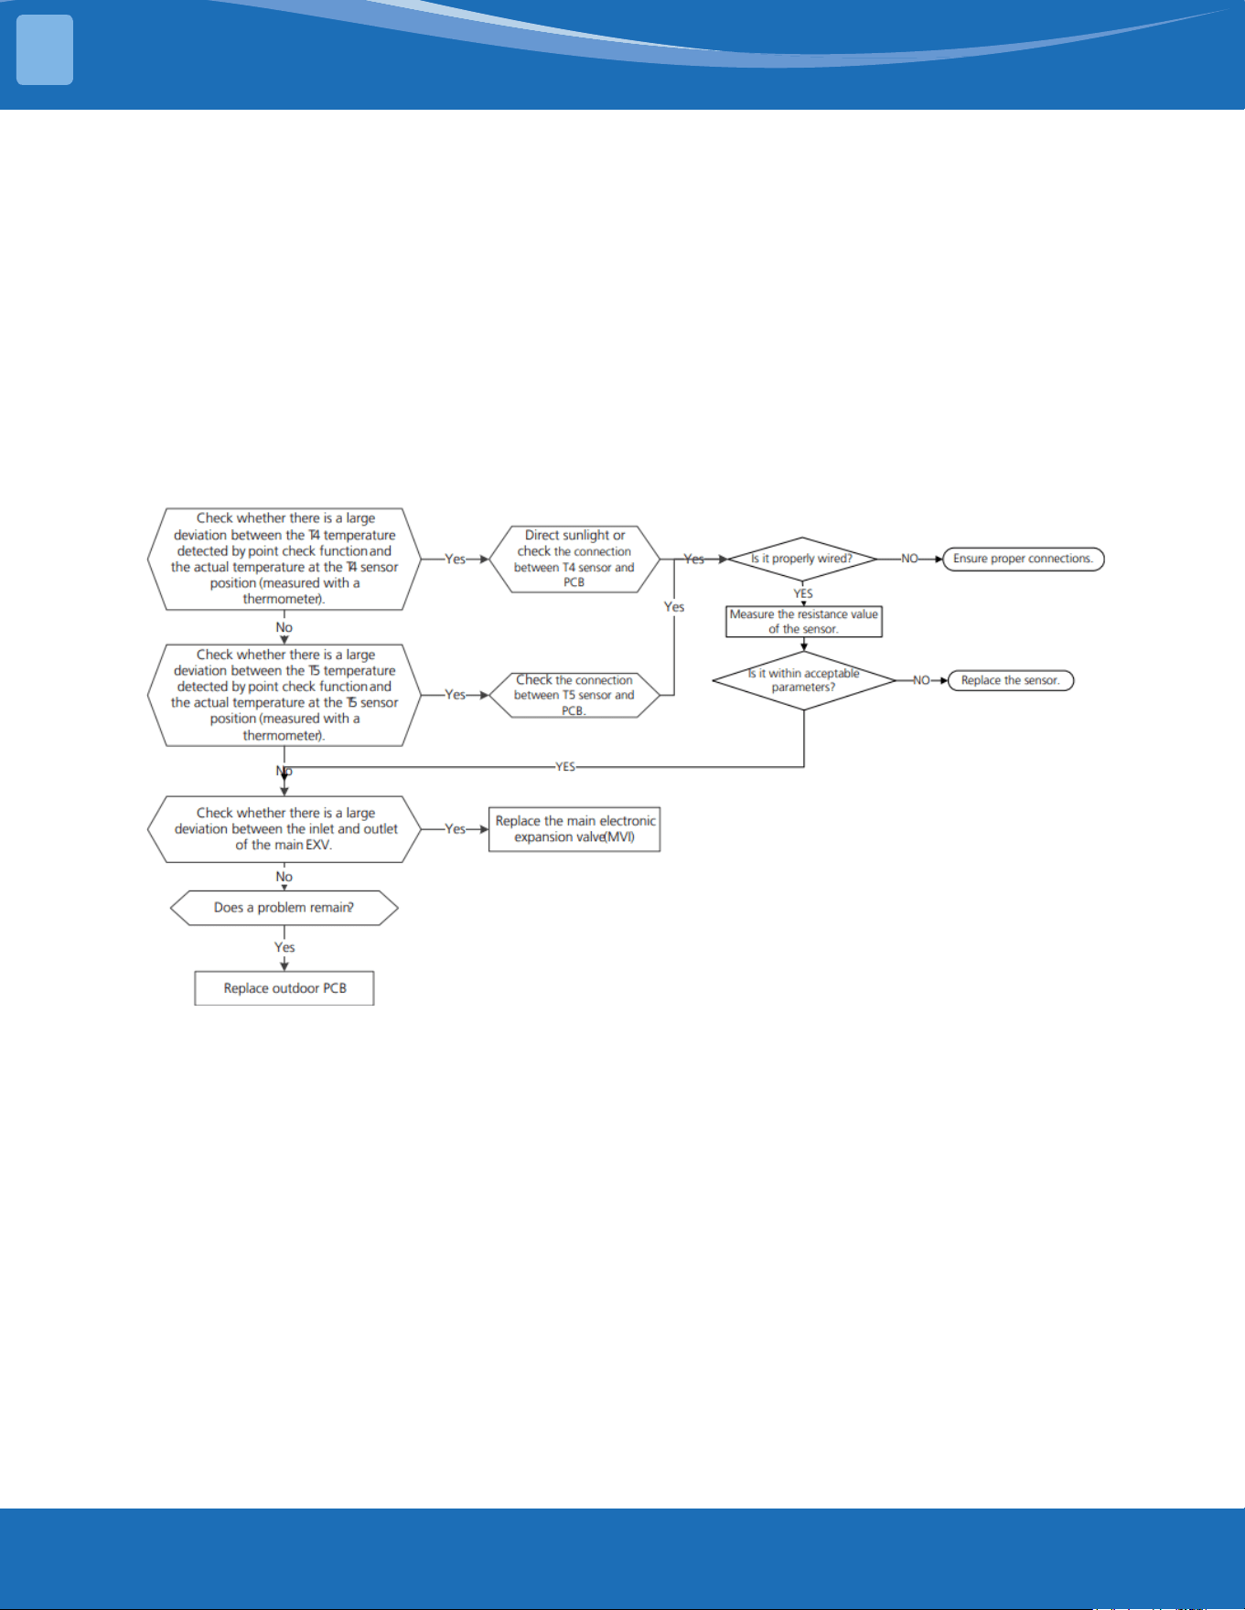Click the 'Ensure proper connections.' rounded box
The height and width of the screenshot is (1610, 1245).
1024,559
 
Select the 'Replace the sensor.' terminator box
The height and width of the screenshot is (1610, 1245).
1011,680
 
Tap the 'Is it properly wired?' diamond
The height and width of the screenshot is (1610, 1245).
802,559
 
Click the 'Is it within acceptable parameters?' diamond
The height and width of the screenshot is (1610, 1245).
804,680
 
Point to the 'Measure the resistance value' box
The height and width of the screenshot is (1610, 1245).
804,622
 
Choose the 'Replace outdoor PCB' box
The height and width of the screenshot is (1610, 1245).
284,988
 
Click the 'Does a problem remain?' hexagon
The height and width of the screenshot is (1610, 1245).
284,908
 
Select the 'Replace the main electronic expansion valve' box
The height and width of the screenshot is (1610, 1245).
574,829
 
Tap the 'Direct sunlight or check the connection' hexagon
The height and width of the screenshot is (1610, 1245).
574,559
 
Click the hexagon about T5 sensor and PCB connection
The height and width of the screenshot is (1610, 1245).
574,695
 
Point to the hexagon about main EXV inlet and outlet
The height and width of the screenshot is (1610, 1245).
284,829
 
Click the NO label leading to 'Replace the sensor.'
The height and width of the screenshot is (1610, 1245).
921,680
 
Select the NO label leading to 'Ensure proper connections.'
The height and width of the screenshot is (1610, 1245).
909,559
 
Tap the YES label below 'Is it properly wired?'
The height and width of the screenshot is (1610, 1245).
803,593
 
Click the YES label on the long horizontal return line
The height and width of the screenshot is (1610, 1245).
565,767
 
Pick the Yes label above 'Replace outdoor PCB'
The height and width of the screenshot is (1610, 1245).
284,947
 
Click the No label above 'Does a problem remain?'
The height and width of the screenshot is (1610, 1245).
284,877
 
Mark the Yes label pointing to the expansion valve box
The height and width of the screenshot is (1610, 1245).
456,829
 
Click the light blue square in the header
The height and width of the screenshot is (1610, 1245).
45,50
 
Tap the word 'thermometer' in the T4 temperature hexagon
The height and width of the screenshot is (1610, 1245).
282,599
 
